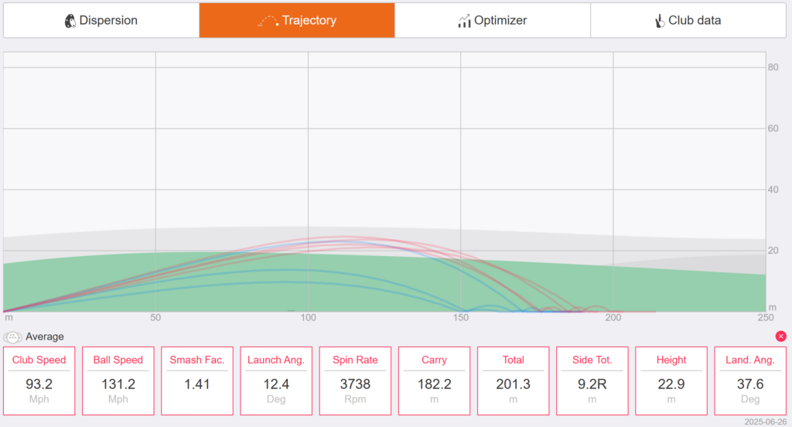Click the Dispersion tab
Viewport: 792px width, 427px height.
pos(101,20)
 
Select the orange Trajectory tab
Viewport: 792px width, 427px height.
pos(297,20)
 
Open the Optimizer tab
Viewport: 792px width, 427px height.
pos(493,20)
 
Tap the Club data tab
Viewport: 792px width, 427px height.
pos(688,20)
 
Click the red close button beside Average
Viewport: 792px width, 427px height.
pos(781,336)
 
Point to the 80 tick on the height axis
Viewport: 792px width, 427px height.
pos(773,67)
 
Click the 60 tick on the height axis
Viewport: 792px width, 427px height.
pos(773,128)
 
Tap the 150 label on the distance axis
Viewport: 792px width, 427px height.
pos(461,317)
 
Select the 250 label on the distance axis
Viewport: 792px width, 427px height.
pos(765,317)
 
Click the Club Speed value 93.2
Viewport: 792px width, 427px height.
pos(39,384)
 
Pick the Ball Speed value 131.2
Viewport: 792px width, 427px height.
pos(118,384)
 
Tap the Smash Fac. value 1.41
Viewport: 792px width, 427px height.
pos(197,384)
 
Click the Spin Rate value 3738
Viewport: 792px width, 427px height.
pos(355,384)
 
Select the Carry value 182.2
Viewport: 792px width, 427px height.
pos(435,384)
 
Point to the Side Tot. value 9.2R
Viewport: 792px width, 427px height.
pos(592,384)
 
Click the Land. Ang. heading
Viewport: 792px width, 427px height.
pos(750,360)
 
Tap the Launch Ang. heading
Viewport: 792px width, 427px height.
pos(276,360)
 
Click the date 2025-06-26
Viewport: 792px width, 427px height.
pos(765,422)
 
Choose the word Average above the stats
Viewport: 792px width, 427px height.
pos(44,336)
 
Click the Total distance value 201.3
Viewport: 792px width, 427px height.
pos(514,384)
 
